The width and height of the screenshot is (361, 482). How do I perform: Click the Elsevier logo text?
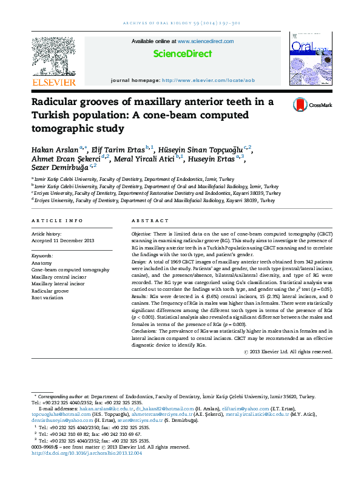(x=53, y=82)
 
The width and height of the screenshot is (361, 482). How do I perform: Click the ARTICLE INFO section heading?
(x=56, y=221)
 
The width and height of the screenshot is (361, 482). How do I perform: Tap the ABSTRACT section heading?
(x=150, y=221)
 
